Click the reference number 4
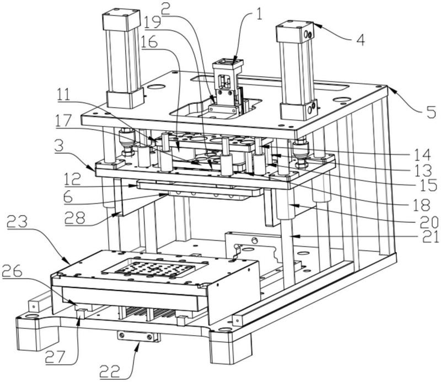coord(361,40)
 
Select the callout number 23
coord(17,222)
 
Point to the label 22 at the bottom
coord(111,372)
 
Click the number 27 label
coord(56,357)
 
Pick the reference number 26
coord(12,272)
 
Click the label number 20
coord(429,222)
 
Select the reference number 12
coord(73,180)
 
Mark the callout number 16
coord(149,43)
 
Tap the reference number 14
coord(423,155)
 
